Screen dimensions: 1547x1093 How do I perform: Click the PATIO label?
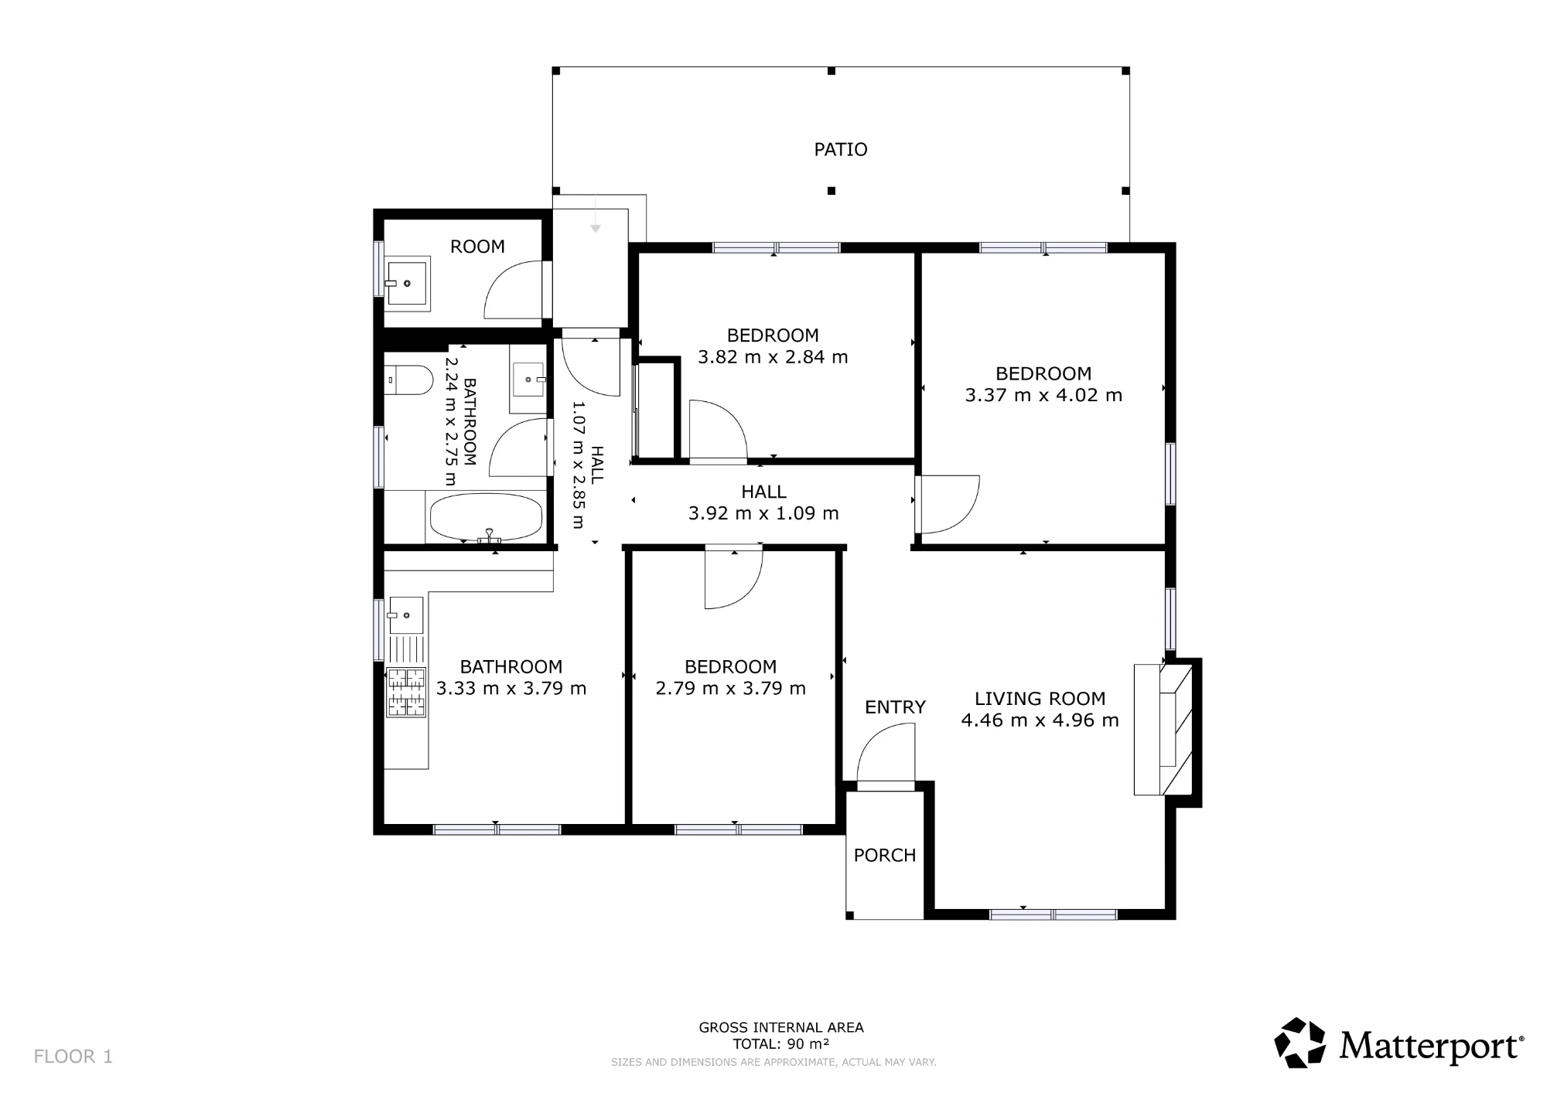pos(841,149)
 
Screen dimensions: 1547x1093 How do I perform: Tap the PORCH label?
pos(885,855)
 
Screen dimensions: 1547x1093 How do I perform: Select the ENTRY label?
pos(895,707)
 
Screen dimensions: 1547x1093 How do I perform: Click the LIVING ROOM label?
pos(1040,699)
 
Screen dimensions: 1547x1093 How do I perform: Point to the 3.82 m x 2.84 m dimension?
pos(773,357)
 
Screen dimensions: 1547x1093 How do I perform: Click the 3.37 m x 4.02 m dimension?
pos(1043,395)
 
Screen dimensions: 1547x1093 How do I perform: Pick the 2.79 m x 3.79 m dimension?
pos(730,688)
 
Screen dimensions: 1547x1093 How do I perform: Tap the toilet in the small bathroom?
pos(408,380)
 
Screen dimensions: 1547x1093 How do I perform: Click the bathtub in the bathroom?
pos(486,517)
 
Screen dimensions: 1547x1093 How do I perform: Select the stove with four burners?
pos(406,692)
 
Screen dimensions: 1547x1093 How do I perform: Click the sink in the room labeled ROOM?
pos(407,284)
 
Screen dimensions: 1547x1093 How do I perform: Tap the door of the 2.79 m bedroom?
pos(733,577)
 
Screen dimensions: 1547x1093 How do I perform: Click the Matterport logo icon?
pos(1299,1043)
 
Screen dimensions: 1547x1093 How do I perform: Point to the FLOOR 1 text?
pos(73,1057)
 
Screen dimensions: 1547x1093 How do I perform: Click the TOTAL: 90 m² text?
pos(781,1044)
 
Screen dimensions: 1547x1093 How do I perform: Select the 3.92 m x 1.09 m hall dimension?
pos(763,513)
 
